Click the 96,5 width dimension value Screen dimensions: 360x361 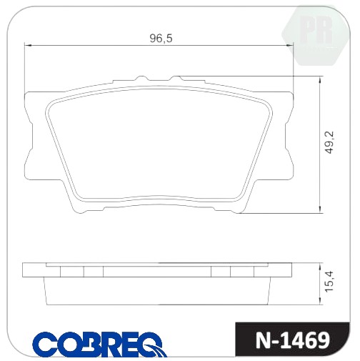(161, 38)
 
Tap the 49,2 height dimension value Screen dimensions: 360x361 (331, 142)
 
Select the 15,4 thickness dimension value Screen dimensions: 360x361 (331, 281)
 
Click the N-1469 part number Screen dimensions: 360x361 (292, 340)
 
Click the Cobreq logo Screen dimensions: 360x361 (99, 344)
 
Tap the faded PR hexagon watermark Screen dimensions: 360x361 (315, 36)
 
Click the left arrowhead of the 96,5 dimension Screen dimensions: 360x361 (29, 45)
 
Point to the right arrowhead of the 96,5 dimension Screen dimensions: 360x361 (290, 45)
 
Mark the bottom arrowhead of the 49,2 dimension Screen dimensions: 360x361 (320, 209)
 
